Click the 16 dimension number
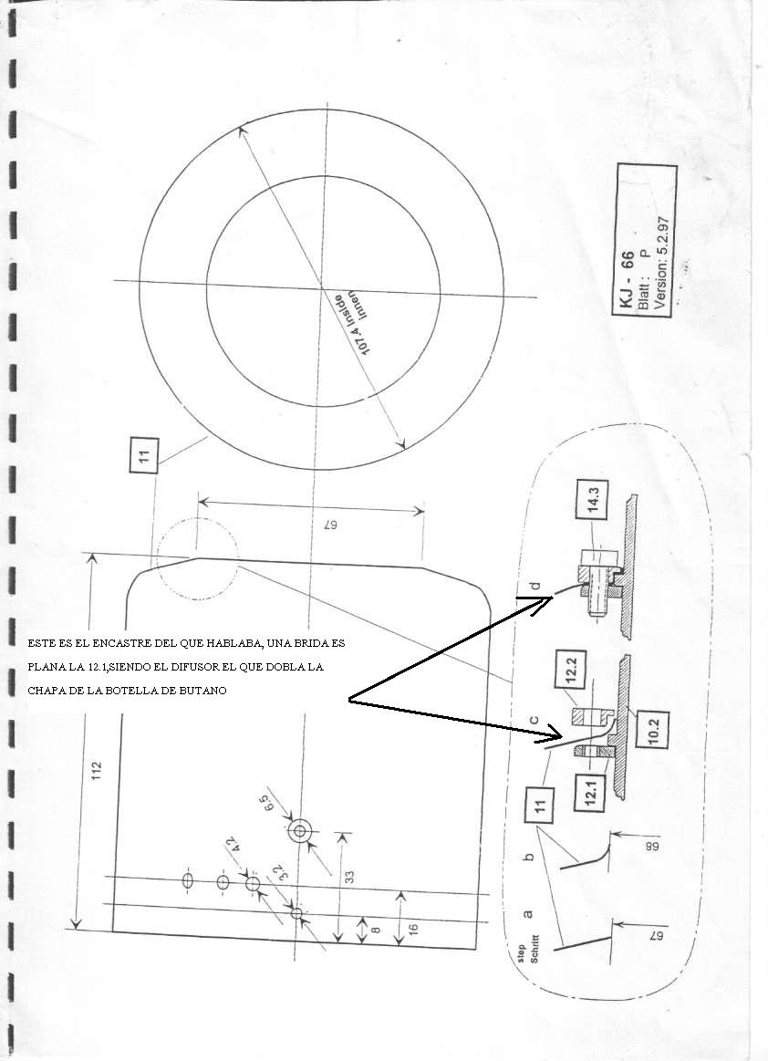click(x=412, y=928)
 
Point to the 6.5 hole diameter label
click(x=266, y=806)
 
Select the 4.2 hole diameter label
click(x=238, y=846)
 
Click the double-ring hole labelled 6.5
click(x=299, y=831)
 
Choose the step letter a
click(x=530, y=908)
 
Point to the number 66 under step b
click(x=628, y=848)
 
